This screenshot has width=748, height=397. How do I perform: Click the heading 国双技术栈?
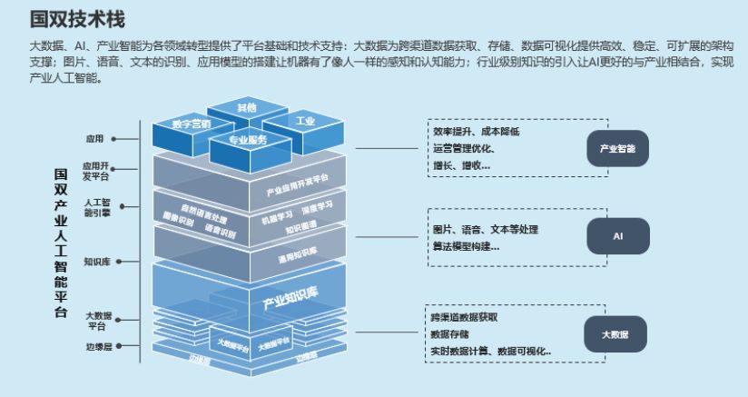[x=77, y=18]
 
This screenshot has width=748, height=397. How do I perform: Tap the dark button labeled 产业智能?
[x=617, y=148]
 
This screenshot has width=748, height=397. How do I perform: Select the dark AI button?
[x=617, y=235]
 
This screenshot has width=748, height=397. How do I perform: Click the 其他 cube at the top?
[x=246, y=108]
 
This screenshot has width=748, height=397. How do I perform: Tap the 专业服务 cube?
[x=248, y=141]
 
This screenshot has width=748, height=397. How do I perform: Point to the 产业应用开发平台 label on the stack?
[x=297, y=183]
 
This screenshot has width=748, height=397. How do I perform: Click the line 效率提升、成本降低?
[x=476, y=132]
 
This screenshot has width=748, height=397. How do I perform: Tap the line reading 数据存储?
[x=450, y=333]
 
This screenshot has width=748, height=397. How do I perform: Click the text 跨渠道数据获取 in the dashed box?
[x=465, y=318]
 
